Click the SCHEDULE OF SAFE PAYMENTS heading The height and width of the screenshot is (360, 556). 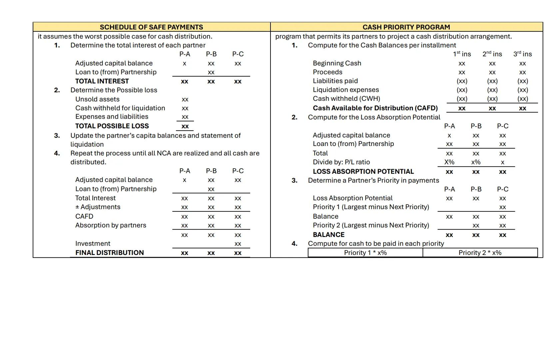[151, 27]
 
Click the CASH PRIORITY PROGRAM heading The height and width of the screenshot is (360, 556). [406, 27]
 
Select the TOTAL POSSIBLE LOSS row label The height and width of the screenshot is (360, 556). [112, 126]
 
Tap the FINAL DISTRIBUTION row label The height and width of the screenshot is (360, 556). [110, 253]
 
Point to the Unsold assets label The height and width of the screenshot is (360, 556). [97, 99]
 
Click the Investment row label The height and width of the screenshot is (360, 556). [93, 244]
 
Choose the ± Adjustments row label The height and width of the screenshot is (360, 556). [98, 207]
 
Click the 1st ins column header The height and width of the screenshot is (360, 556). [462, 54]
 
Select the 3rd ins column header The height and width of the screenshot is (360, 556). [522, 54]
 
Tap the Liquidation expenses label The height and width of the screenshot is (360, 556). [346, 90]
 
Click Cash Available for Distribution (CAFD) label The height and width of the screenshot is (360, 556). [375, 108]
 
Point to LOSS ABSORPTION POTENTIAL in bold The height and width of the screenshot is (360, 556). [363, 171]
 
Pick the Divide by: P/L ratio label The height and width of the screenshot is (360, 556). [341, 162]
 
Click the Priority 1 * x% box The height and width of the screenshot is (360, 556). [365, 253]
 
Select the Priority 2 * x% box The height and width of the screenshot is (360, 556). [480, 253]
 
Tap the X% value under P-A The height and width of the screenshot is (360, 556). [449, 162]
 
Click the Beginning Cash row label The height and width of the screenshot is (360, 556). [337, 63]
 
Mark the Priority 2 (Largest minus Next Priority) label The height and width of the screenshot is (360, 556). [371, 225]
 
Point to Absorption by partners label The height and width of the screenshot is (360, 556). [111, 225]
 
